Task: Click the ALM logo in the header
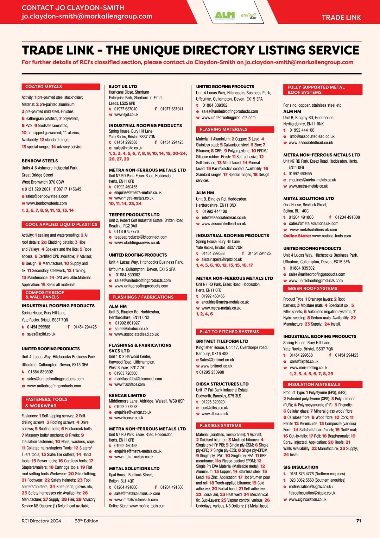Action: tap(225, 15)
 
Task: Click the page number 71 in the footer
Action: tap(358, 521)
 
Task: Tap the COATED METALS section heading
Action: tap(44, 87)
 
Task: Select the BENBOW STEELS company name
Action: tap(40, 161)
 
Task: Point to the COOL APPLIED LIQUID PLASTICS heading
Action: tap(61, 224)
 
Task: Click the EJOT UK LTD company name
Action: tap(123, 86)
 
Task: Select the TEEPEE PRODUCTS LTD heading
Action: tap(134, 215)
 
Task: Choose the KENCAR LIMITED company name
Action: tap(127, 395)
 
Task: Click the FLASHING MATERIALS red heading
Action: tap(223, 129)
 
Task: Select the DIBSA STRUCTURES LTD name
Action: tap(222, 384)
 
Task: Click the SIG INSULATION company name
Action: tap(301, 467)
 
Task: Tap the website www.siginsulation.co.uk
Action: tap(307, 499)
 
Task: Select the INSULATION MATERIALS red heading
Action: tap(313, 384)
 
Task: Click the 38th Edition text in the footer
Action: tap(86, 521)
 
